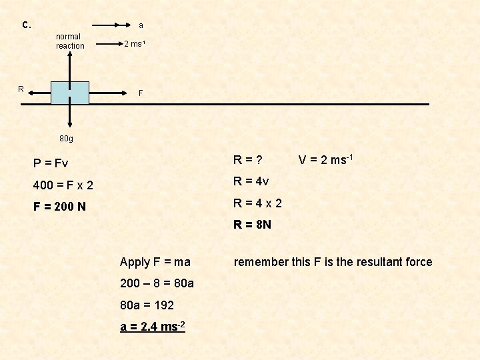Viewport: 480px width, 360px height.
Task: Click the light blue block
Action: pyautogui.click(x=70, y=93)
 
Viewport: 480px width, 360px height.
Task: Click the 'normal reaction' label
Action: pyautogui.click(x=70, y=41)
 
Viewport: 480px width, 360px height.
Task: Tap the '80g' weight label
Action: pyautogui.click(x=66, y=139)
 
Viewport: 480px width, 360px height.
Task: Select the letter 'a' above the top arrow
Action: pyautogui.click(x=141, y=25)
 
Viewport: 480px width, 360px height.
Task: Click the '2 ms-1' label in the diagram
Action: pyautogui.click(x=135, y=45)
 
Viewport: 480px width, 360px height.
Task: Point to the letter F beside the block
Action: pyautogui.click(x=141, y=93)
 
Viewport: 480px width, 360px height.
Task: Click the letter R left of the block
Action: pyautogui.click(x=21, y=89)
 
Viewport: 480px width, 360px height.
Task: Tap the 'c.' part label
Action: pyautogui.click(x=26, y=25)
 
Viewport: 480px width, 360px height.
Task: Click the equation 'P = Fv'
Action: pyautogui.click(x=51, y=163)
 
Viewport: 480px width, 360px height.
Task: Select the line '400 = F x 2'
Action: pyautogui.click(x=64, y=185)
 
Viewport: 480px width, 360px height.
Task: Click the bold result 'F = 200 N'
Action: pyautogui.click(x=60, y=207)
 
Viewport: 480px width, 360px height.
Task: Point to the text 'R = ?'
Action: pyautogui.click(x=247, y=160)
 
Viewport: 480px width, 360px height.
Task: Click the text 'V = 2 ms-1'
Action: pyautogui.click(x=325, y=160)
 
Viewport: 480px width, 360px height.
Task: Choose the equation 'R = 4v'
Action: pyautogui.click(x=251, y=181)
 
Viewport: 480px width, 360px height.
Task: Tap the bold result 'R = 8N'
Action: pyautogui.click(x=252, y=225)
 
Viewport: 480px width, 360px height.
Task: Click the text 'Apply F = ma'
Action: pyautogui.click(x=155, y=262)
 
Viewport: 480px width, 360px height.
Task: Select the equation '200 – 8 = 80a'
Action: pyautogui.click(x=157, y=283)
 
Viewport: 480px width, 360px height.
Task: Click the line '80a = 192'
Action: pyautogui.click(x=147, y=305)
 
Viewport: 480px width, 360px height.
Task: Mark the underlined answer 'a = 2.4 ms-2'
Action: pyautogui.click(x=153, y=326)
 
